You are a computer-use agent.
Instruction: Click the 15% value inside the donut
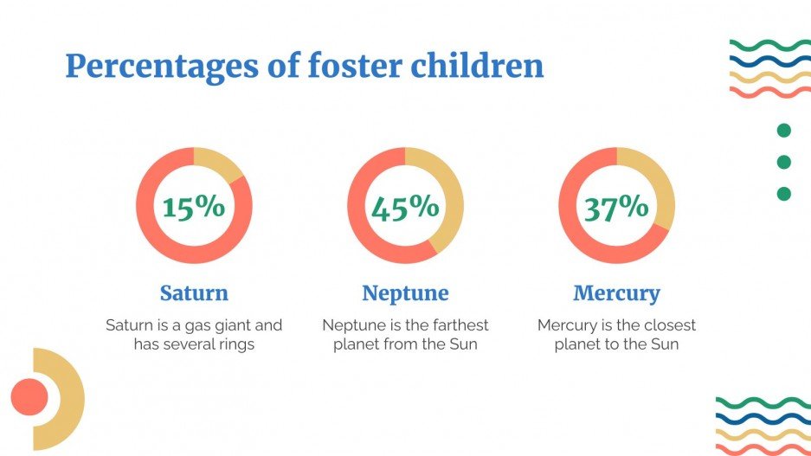click(193, 208)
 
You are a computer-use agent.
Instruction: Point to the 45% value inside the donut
click(404, 208)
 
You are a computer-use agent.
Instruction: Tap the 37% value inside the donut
click(616, 208)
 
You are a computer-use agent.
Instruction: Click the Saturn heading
click(194, 293)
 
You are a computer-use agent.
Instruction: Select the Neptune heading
click(405, 293)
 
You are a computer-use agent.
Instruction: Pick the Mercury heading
click(616, 293)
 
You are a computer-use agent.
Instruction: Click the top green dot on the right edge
click(784, 131)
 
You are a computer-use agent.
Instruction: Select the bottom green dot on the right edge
click(784, 194)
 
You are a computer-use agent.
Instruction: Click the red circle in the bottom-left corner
click(29, 397)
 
